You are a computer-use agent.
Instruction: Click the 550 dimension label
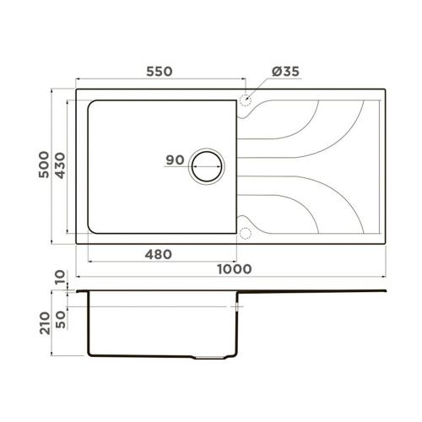(160, 72)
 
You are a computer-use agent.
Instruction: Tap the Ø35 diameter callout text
(285, 72)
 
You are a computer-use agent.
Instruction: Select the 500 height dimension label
(44, 165)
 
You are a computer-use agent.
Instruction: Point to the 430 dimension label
(60, 165)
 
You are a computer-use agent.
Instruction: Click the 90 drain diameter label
(175, 160)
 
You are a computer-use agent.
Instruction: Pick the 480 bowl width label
(158, 255)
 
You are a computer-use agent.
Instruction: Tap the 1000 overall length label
(235, 269)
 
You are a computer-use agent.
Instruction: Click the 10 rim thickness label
(60, 277)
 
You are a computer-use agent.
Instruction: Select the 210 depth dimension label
(45, 322)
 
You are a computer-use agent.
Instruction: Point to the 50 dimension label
(61, 320)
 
